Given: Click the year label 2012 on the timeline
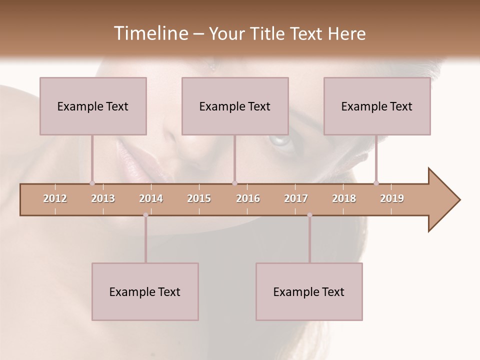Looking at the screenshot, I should pos(55,198).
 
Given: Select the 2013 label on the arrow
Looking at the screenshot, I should pos(103,198).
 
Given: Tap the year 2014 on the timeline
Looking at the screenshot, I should pos(151,198).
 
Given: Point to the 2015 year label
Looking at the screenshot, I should pos(199,198).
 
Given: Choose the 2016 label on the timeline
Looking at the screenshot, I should pos(248,198).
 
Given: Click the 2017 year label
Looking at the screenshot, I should pos(296,198).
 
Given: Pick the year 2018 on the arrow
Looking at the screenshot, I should pos(344,198).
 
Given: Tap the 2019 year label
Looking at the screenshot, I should pos(392,198).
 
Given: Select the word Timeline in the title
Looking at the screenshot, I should pos(149,33).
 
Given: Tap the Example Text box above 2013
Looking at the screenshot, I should pos(93,106).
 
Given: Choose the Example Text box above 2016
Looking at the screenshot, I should pos(235,106).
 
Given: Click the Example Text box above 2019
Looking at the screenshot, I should pos(377,106).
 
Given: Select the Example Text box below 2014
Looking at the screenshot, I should pos(145,291).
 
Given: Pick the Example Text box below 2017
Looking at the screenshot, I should pos(309,291).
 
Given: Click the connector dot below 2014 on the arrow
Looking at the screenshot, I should pos(145,215).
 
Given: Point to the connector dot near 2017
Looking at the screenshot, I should pos(309,215).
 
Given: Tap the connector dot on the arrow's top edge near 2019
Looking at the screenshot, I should pos(376,183).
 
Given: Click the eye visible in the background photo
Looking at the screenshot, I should pos(281,140).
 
